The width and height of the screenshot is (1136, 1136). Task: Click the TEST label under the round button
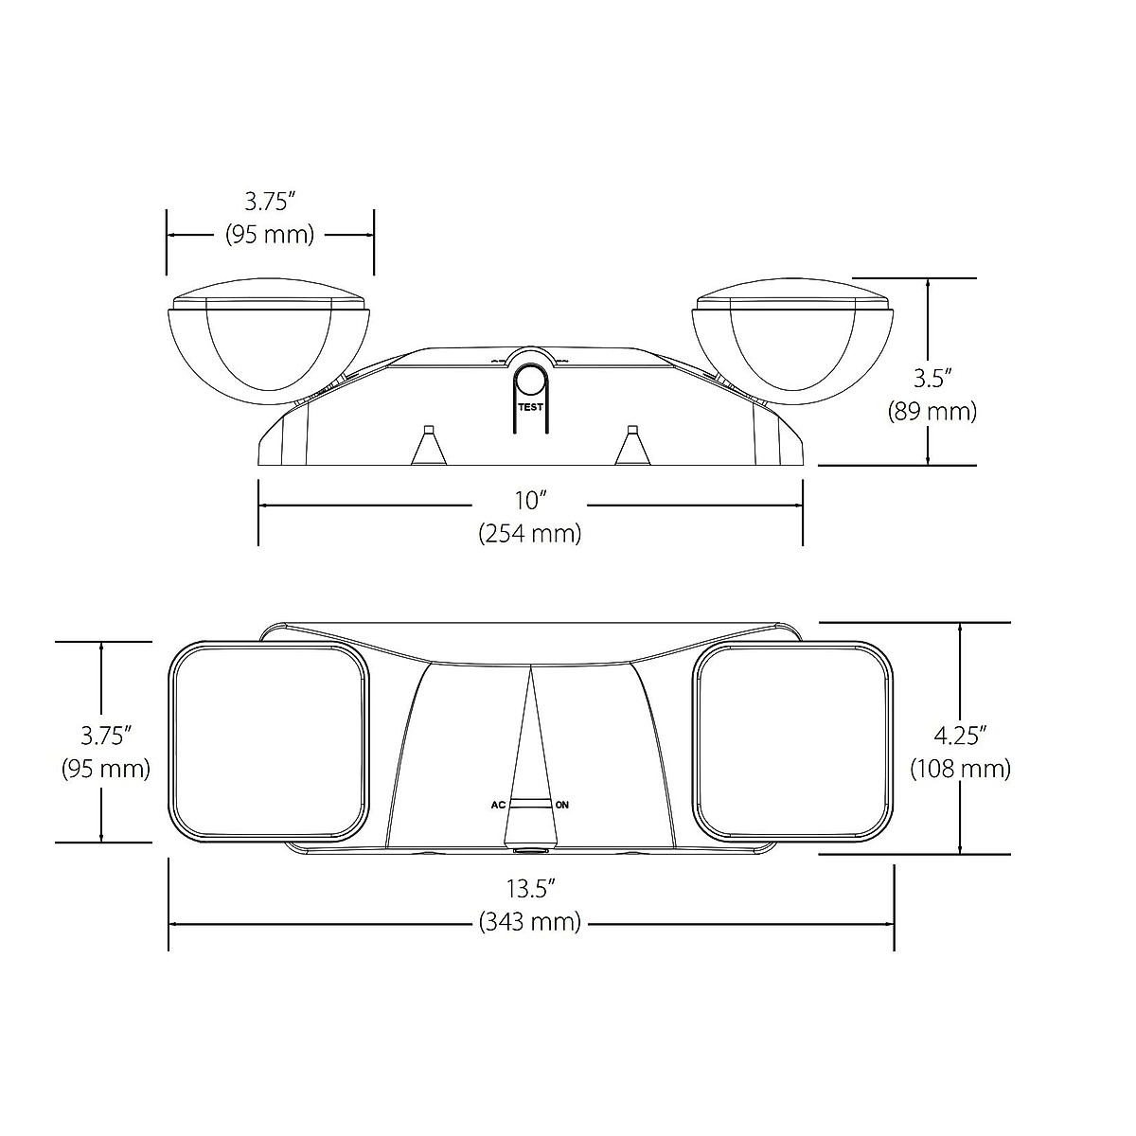coord(530,407)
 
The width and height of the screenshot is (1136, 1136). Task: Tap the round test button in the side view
coord(530,382)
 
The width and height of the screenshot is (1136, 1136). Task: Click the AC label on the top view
coord(498,805)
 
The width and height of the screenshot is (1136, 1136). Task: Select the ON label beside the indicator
coord(561,805)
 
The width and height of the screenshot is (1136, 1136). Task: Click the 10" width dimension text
coord(529,501)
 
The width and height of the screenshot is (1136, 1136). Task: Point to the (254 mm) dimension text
coord(530,534)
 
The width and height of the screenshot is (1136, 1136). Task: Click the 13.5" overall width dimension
coord(530,888)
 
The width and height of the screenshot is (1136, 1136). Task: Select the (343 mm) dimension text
coord(530,921)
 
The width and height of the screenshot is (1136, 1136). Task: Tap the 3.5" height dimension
coord(932,379)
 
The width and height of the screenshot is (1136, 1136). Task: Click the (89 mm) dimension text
coord(932,411)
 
